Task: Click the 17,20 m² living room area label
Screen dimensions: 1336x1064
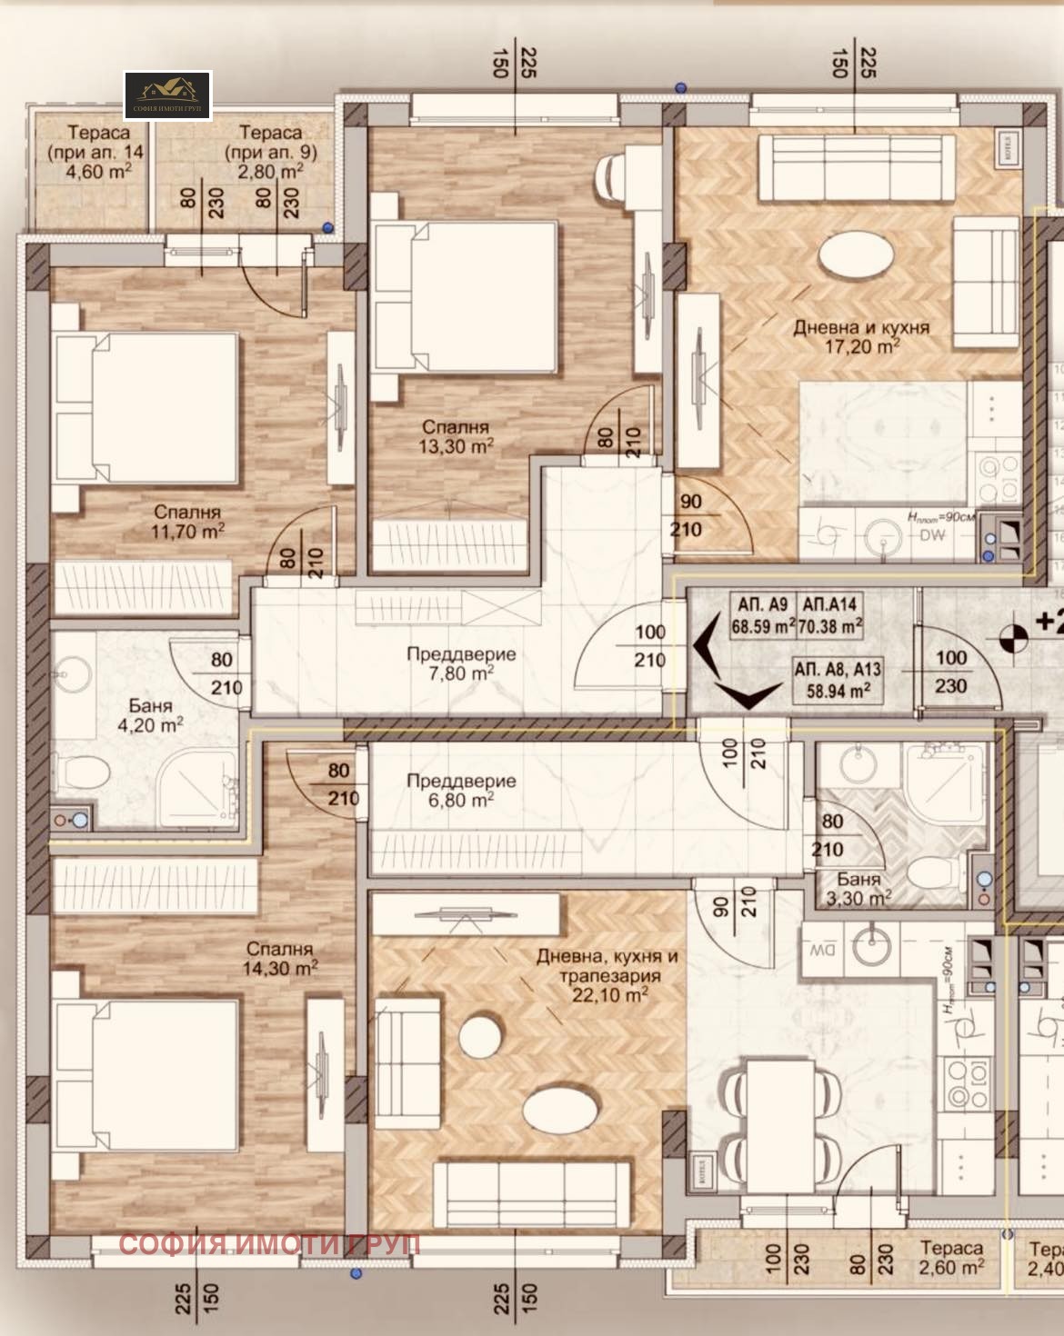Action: tap(860, 335)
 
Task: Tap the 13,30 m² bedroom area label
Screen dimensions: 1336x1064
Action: tap(456, 436)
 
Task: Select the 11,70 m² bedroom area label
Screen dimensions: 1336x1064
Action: tap(187, 523)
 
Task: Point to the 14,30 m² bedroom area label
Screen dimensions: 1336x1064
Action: tap(279, 959)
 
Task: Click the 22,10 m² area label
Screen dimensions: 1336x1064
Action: tap(607, 975)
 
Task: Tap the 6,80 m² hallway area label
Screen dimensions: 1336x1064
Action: tap(461, 790)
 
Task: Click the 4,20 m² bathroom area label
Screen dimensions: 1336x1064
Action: tap(151, 715)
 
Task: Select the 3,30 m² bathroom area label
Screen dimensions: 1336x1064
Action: tap(859, 889)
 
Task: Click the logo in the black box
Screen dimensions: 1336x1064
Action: tap(168, 95)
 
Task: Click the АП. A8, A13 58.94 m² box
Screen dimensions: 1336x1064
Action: tap(837, 679)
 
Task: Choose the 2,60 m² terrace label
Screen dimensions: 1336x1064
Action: tap(951, 1259)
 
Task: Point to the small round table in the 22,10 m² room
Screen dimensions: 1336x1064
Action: tap(478, 1034)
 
